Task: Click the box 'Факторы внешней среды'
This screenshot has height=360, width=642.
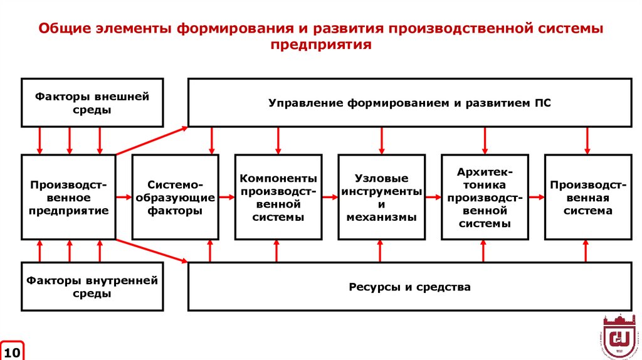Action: coord(92,102)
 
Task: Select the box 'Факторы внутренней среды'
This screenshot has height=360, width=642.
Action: coord(92,287)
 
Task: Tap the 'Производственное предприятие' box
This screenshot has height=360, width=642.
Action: coord(69,197)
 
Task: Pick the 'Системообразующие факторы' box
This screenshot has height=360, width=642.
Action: coord(175,197)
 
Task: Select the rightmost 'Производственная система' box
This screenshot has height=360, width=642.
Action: coord(587,197)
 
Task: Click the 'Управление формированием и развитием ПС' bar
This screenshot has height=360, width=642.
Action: coord(410,102)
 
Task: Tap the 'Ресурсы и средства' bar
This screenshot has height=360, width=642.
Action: coord(410,287)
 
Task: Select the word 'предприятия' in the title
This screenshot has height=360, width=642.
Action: coord(321,45)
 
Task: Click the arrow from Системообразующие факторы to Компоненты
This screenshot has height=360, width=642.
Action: coord(227,197)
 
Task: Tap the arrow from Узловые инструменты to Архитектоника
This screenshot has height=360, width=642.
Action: coord(433,197)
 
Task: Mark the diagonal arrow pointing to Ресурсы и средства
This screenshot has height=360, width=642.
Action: coord(152,250)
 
